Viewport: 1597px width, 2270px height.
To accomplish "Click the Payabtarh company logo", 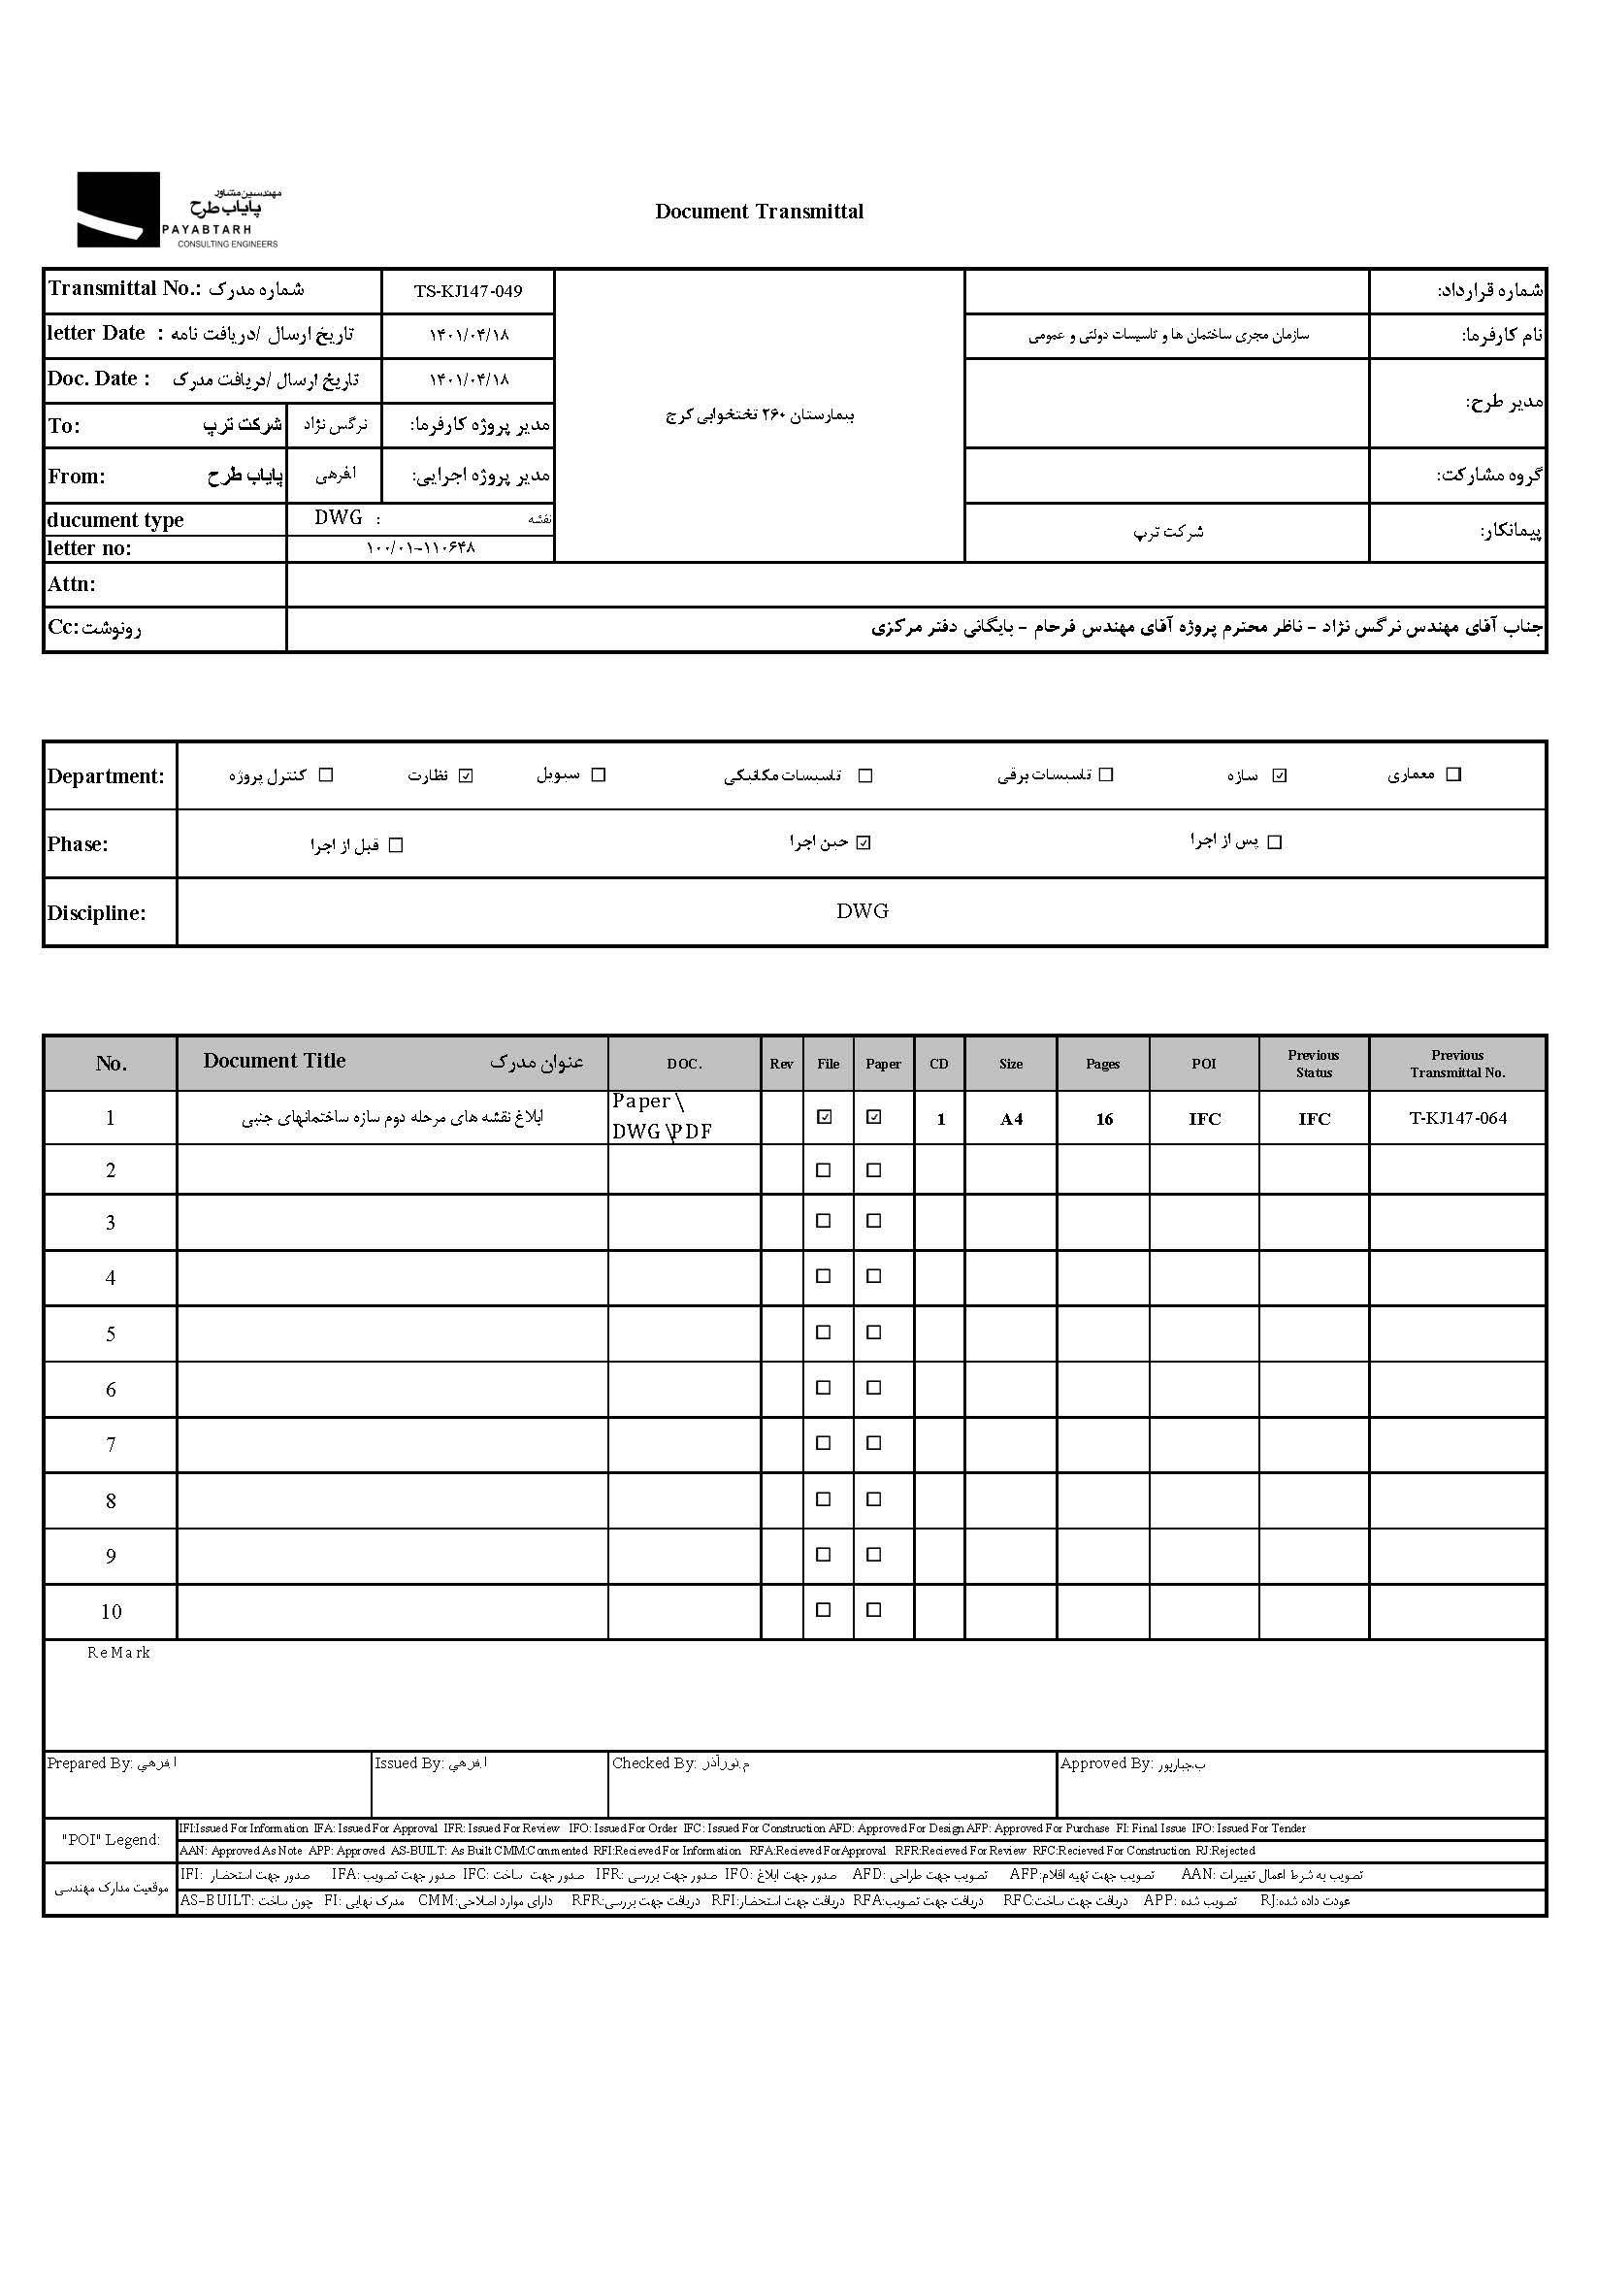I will pyautogui.click(x=178, y=210).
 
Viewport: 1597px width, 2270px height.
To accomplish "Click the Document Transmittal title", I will pyautogui.click(x=759, y=212).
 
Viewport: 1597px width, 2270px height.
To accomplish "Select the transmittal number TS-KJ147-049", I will pyautogui.click(x=468, y=291).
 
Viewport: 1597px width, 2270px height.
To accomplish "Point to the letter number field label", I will pyautogui.click(x=89, y=548).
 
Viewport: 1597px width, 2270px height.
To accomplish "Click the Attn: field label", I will pyautogui.click(x=71, y=584).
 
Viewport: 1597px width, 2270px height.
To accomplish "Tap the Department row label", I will pyautogui.click(x=106, y=776).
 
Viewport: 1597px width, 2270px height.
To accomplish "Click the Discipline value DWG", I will pyautogui.click(x=862, y=911).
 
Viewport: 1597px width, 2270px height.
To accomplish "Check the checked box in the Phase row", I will pyautogui.click(x=864, y=843).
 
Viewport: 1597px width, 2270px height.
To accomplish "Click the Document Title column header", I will pyautogui.click(x=275, y=1061).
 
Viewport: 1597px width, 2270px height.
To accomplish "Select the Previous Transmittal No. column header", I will pyautogui.click(x=1456, y=1064).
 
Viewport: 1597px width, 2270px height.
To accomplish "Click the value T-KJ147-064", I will pyautogui.click(x=1457, y=1118).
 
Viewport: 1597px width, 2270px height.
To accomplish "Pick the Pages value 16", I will pyautogui.click(x=1104, y=1119).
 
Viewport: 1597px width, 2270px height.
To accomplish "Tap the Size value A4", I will pyautogui.click(x=1011, y=1119).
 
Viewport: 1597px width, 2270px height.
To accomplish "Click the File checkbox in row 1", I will pyautogui.click(x=824, y=1117).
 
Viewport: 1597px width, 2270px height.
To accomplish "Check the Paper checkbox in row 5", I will pyautogui.click(x=873, y=1332).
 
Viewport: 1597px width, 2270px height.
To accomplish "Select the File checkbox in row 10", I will pyautogui.click(x=823, y=1609).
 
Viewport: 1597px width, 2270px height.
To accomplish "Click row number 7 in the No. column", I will pyautogui.click(x=111, y=1445).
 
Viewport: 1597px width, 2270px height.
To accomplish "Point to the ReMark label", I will pyautogui.click(x=118, y=1653).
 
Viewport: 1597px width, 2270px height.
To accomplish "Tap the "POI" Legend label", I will pyautogui.click(x=111, y=1840).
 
